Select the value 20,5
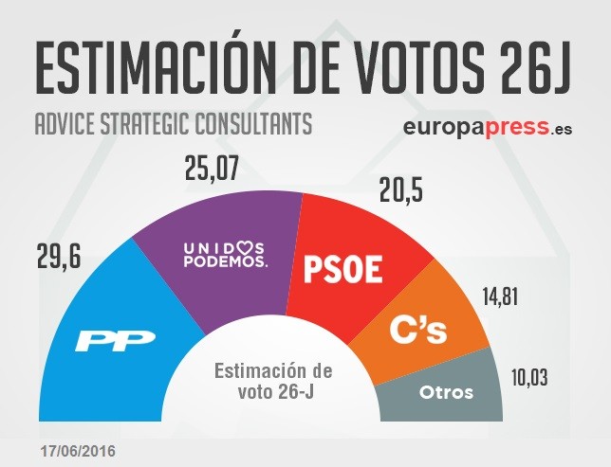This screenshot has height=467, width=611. (x=398, y=191)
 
